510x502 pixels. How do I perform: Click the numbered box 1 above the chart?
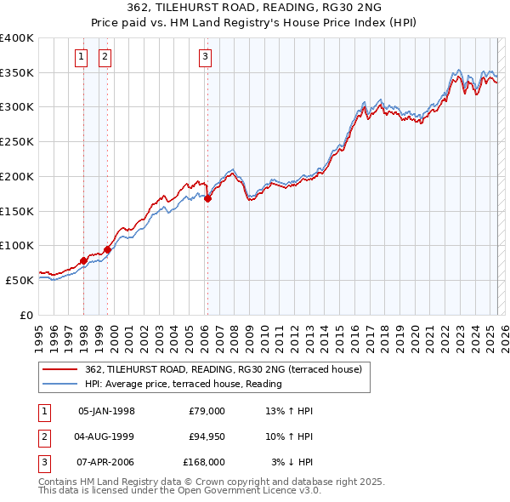pyautogui.click(x=82, y=57)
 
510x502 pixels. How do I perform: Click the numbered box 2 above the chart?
pyautogui.click(x=105, y=57)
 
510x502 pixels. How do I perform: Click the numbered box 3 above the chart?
pyautogui.click(x=206, y=57)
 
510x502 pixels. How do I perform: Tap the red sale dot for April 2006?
pyautogui.click(x=207, y=199)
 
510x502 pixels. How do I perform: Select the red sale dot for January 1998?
pyautogui.click(x=83, y=260)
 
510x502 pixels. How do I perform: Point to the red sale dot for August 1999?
pyautogui.click(x=108, y=249)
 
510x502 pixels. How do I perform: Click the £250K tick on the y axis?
pyautogui.click(x=17, y=142)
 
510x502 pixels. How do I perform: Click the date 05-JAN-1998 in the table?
pyautogui.click(x=106, y=411)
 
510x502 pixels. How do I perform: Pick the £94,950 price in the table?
pyautogui.click(x=204, y=436)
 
